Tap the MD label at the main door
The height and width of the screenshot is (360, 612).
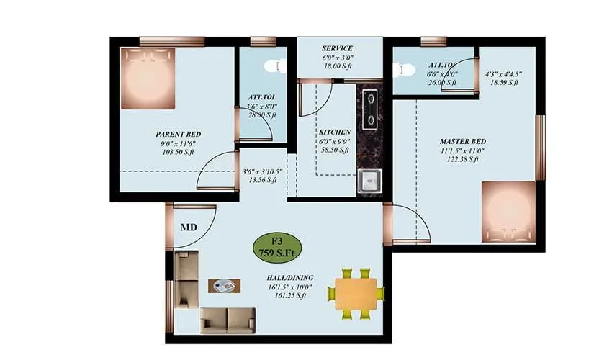tap(189, 227)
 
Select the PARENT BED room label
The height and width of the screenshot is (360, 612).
tap(178, 134)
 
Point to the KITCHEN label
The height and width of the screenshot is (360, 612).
tap(335, 132)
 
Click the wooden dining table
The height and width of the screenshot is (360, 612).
tap(356, 292)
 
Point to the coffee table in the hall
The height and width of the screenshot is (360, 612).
tap(225, 285)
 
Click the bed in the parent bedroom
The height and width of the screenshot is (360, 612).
tap(148, 78)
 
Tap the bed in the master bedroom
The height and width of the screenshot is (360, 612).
tap(508, 210)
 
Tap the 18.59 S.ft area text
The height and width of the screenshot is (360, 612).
tap(503, 83)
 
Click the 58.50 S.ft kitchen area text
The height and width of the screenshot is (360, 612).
tap(335, 150)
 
